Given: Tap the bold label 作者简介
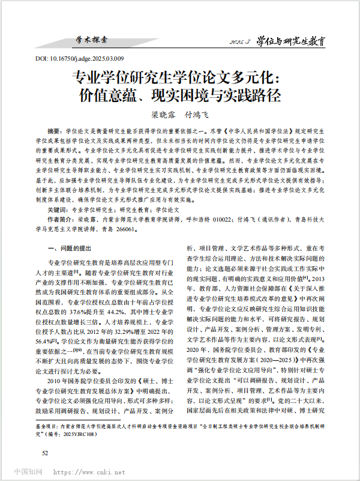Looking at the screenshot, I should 60,220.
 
